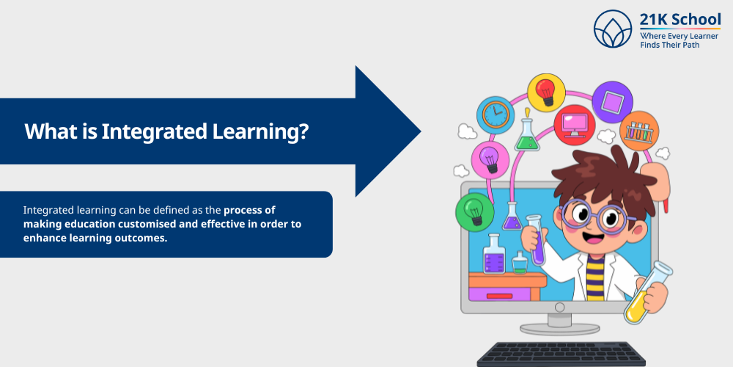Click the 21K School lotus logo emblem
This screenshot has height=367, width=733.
tap(613, 29)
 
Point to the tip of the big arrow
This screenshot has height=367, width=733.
tap(420, 132)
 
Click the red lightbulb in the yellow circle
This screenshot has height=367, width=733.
tap(545, 92)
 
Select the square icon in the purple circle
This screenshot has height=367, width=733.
tap(611, 101)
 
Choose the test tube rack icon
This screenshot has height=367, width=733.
tap(639, 132)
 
